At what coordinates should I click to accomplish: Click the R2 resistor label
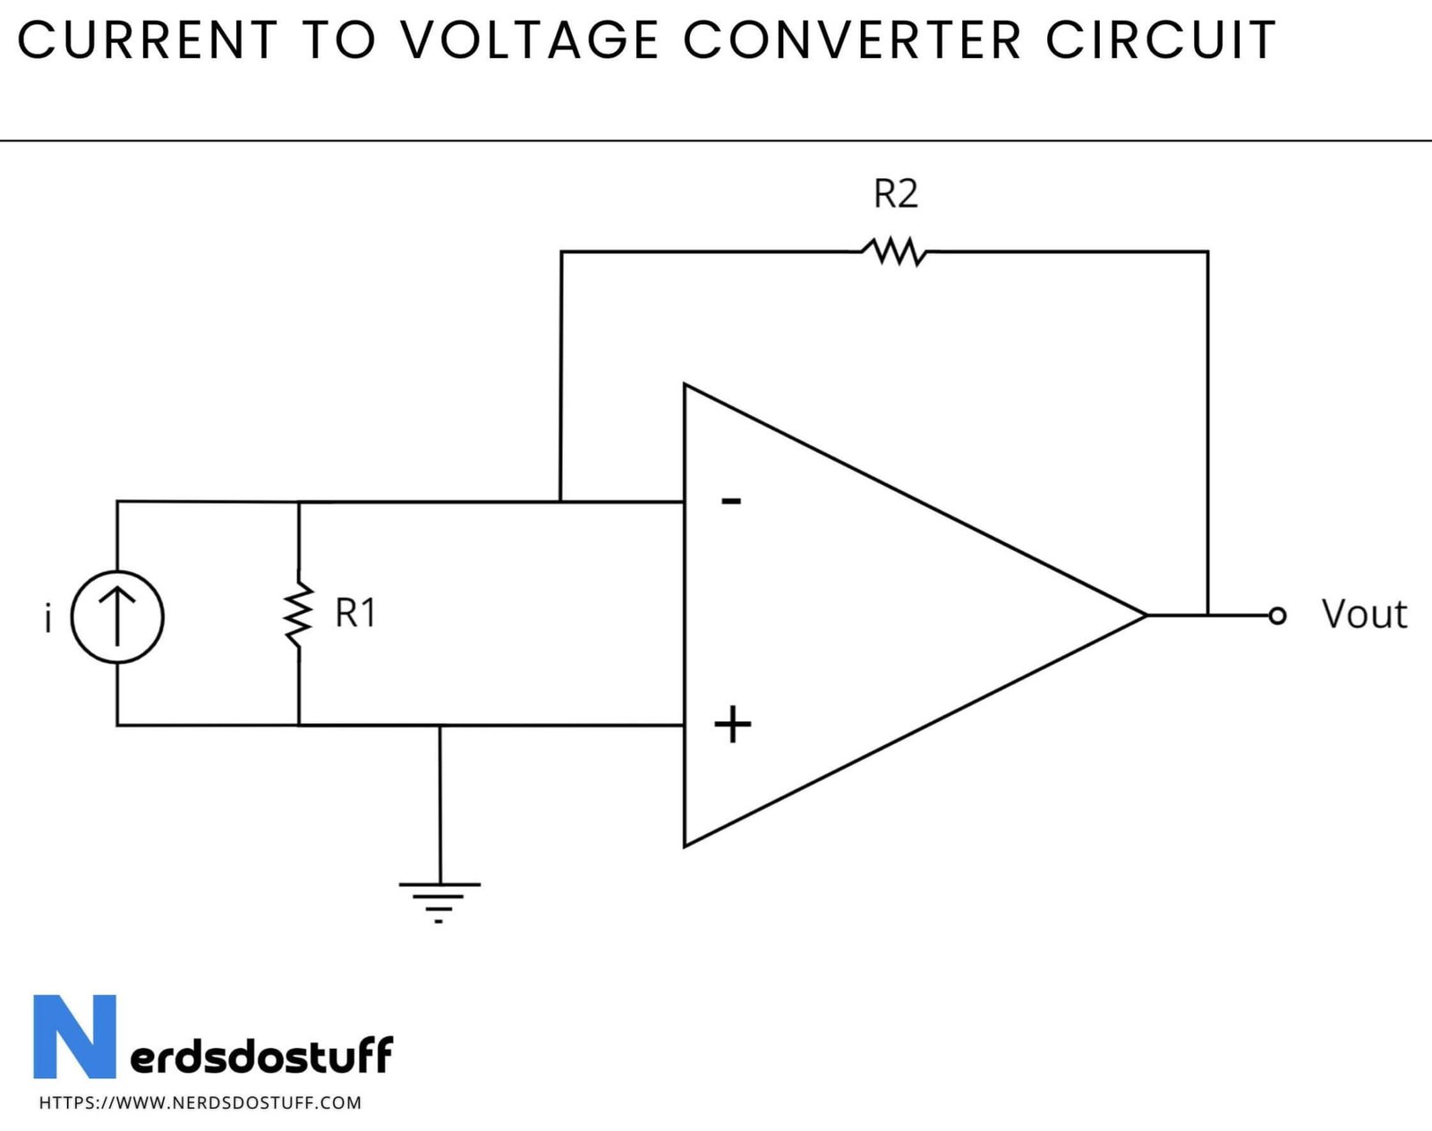[x=895, y=194]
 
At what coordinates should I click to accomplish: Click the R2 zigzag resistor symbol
[x=894, y=251]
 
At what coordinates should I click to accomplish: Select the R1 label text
[x=355, y=614]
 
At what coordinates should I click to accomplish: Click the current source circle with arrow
[x=117, y=617]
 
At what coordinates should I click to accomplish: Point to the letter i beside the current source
[x=48, y=618]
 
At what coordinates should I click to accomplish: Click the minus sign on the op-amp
[x=731, y=501]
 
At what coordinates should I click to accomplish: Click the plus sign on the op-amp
[x=732, y=725]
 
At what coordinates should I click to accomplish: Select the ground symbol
[x=439, y=900]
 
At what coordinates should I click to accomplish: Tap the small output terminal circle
[x=1277, y=616]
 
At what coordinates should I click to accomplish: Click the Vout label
[x=1364, y=615]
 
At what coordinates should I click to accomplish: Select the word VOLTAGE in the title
[x=529, y=40]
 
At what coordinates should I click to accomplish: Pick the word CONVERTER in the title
[x=852, y=40]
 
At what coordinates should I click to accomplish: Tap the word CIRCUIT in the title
[x=1160, y=40]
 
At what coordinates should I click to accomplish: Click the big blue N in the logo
[x=75, y=1036]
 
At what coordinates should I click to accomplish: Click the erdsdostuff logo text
[x=261, y=1055]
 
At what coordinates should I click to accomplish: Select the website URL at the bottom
[x=200, y=1103]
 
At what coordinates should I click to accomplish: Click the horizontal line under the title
[x=716, y=140]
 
